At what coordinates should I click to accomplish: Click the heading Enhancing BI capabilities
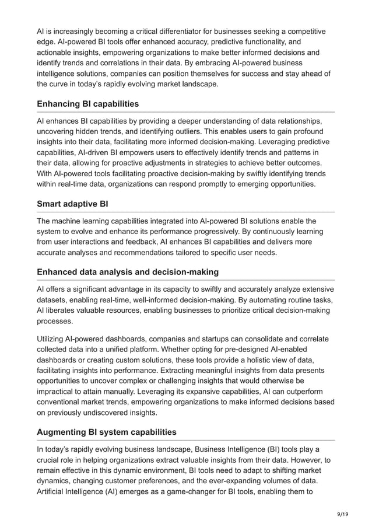87,104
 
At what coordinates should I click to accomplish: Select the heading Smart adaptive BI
73,204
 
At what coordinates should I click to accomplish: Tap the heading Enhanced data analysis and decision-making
128,271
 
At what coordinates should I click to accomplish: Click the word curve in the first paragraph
62,84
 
